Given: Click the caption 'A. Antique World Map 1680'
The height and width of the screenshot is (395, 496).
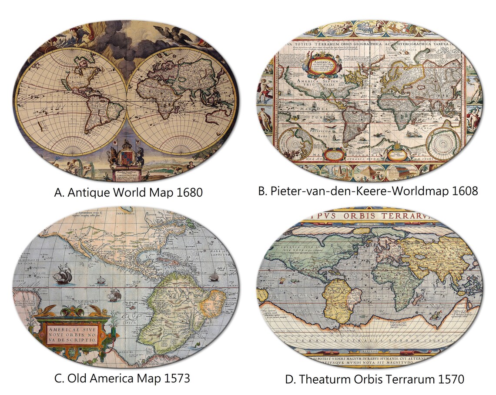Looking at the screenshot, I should (x=128, y=192).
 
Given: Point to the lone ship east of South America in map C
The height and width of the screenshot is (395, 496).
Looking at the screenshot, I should (x=214, y=277).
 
